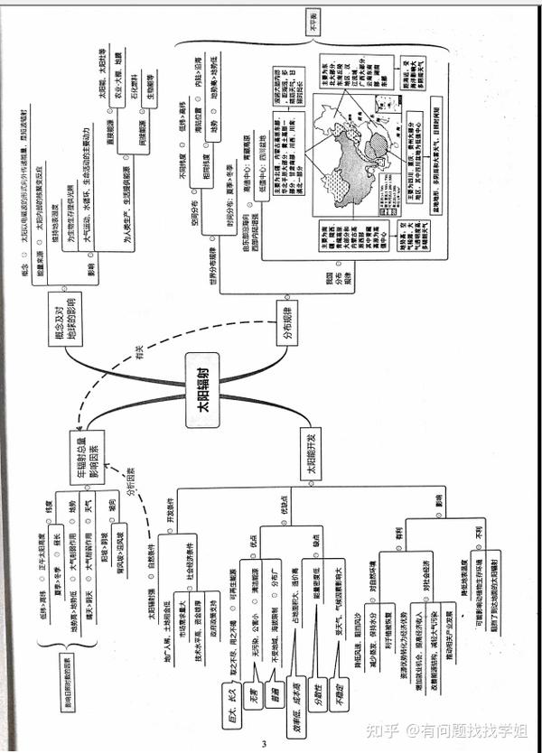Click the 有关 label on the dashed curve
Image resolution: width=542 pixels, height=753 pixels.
coord(139,358)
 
